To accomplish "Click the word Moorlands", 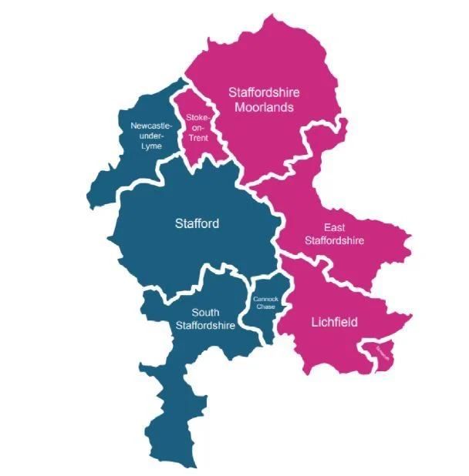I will (x=265, y=107).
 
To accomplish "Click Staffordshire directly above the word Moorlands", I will (x=265, y=92).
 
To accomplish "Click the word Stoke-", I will (x=197, y=118).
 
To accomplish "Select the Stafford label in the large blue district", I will (x=197, y=224).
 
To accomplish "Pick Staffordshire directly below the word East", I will (x=334, y=240).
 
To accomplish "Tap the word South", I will (x=205, y=313).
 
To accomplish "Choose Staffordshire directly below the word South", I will (x=205, y=325).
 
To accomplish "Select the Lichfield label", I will (x=334, y=323).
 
